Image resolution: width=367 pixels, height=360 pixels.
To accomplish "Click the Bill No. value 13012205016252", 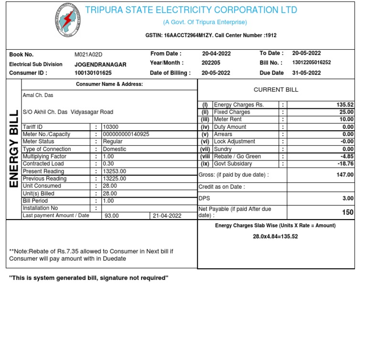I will click(311, 63).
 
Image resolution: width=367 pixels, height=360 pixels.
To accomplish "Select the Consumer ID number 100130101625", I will click(93, 73).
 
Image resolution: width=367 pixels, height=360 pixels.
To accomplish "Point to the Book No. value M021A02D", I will click(88, 54).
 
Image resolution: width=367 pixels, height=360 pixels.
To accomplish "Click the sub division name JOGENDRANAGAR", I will click(100, 64).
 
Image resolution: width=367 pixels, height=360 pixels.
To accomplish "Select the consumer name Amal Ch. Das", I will click(38, 95).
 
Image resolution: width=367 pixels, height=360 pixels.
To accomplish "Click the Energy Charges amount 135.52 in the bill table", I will click(345, 105).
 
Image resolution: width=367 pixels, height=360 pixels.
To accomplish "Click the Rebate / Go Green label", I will click(237, 156).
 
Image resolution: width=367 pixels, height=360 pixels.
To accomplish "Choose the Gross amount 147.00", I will click(345, 175).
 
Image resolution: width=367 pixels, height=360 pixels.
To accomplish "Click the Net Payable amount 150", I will click(347, 212).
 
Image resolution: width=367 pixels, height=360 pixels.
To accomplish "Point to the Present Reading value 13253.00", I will click(114, 171).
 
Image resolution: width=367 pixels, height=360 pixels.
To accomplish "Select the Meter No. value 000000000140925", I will click(126, 134).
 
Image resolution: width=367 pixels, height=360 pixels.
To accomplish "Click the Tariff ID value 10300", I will click(110, 127).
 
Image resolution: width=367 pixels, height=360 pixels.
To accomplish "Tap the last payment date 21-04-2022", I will click(167, 216).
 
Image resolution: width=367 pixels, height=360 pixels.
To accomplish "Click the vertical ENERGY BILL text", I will click(13, 149).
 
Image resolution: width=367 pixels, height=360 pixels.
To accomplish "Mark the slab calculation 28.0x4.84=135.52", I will click(275, 236).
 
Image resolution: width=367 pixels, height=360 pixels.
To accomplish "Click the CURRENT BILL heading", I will click(276, 89).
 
